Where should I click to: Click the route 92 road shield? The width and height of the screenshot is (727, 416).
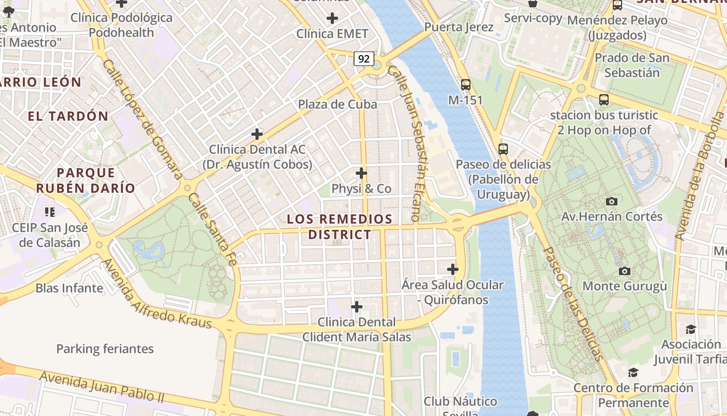tap(364, 59)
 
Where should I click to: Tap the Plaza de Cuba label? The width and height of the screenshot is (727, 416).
tap(338, 105)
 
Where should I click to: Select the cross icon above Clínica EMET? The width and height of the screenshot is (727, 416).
tap(332, 19)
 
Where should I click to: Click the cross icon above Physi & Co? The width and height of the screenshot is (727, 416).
tap(361, 173)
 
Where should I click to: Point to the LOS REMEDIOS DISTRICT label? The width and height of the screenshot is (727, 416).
tap(340, 227)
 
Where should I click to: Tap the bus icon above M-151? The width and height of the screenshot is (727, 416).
tap(466, 84)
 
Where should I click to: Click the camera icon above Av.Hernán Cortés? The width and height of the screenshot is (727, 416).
tap(612, 201)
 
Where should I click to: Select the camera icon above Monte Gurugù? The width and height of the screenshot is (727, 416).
tap(625, 271)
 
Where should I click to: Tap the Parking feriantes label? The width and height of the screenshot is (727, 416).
tap(105, 349)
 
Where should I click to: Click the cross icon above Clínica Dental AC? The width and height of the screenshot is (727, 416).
tap(257, 134)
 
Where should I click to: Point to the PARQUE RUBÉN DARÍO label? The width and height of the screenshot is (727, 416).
tap(86, 180)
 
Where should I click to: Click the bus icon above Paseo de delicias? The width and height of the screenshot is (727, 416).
tap(503, 149)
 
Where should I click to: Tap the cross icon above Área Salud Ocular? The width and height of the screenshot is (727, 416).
tap(453, 269)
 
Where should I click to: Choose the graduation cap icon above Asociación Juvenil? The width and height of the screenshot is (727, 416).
tap(691, 329)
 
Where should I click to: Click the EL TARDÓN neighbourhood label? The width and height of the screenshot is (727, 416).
tap(68, 116)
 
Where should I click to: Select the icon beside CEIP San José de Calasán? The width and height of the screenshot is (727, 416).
tap(50, 212)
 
